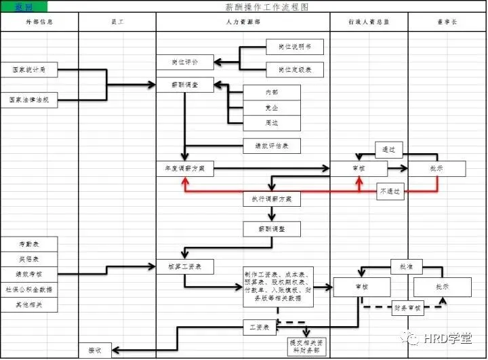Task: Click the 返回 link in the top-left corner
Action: pyautogui.click(x=14, y=7)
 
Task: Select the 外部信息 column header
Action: pyautogui.click(x=39, y=22)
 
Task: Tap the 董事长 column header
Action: pyautogui.click(x=447, y=22)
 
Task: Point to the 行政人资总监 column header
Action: pyautogui.click(x=369, y=22)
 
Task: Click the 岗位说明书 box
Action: pyautogui.click(x=294, y=47)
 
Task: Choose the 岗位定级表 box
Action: pyautogui.click(x=294, y=69)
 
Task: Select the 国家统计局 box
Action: pyautogui.click(x=28, y=69)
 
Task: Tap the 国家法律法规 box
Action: pyautogui.click(x=28, y=100)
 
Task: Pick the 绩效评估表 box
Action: pyautogui.click(x=271, y=146)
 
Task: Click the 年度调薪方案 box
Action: pyautogui.click(x=185, y=168)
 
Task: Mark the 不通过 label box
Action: pyautogui.click(x=390, y=192)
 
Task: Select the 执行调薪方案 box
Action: pyautogui.click(x=271, y=199)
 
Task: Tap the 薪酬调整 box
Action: pyautogui.click(x=271, y=229)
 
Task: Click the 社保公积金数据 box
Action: pyautogui.click(x=28, y=289)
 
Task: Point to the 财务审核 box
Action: pyautogui.click(x=407, y=308)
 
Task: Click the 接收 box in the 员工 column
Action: pyautogui.click(x=99, y=350)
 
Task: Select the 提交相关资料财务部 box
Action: pyautogui.click(x=307, y=347)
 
